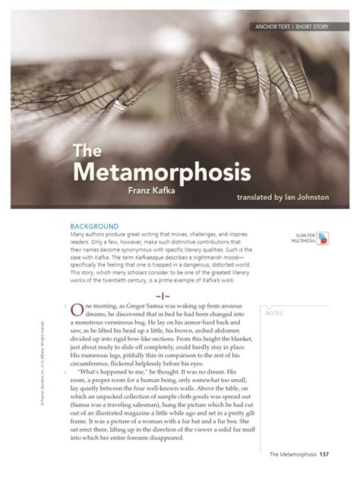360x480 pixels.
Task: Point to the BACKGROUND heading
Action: pos(94,226)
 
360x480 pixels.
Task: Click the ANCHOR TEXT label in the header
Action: pos(276,27)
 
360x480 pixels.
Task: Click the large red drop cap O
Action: pos(77,309)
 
